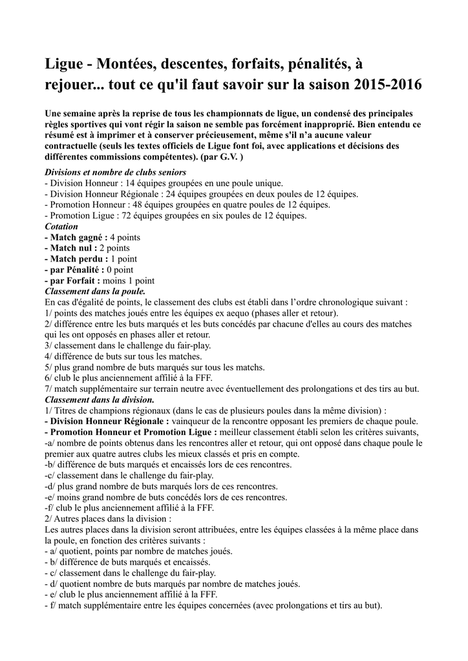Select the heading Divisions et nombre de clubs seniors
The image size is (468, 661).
(x=115, y=172)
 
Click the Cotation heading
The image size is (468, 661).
(x=61, y=227)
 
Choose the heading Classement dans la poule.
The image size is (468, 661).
(x=94, y=291)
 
